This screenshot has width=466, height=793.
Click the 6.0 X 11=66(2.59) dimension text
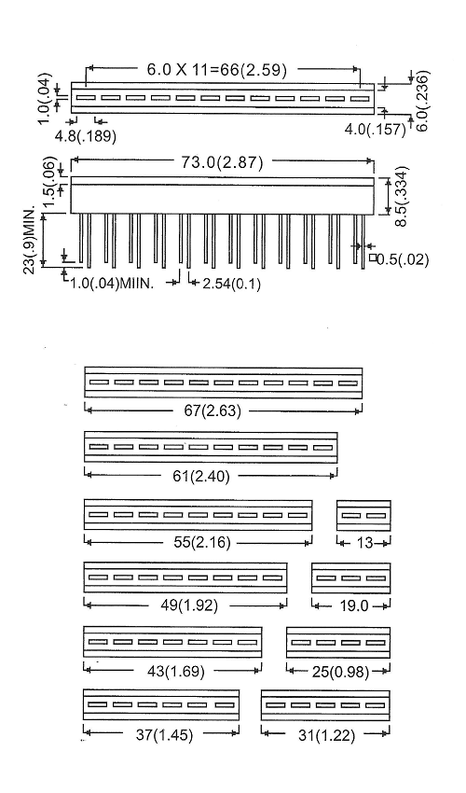217,69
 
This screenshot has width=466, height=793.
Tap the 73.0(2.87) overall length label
223,162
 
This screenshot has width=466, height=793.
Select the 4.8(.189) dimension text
86,136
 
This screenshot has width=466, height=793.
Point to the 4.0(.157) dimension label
376,129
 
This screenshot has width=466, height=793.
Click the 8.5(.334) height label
400,196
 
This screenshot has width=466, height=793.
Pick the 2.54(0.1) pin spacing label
232,285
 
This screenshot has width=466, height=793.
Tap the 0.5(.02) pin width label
403,260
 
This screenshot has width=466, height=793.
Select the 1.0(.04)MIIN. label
111,284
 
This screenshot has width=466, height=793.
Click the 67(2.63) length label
212,410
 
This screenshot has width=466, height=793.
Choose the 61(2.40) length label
201,477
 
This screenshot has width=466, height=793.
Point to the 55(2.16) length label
202,543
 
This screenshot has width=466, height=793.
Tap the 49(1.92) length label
189,605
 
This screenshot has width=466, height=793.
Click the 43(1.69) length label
176,672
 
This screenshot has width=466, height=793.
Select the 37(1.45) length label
164,735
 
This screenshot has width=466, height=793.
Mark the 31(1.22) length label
326,735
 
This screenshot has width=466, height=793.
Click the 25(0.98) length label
340,672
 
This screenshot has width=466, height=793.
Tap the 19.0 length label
354,605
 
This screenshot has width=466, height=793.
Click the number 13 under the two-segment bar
365,543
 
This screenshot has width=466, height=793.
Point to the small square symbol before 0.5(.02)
373,257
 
